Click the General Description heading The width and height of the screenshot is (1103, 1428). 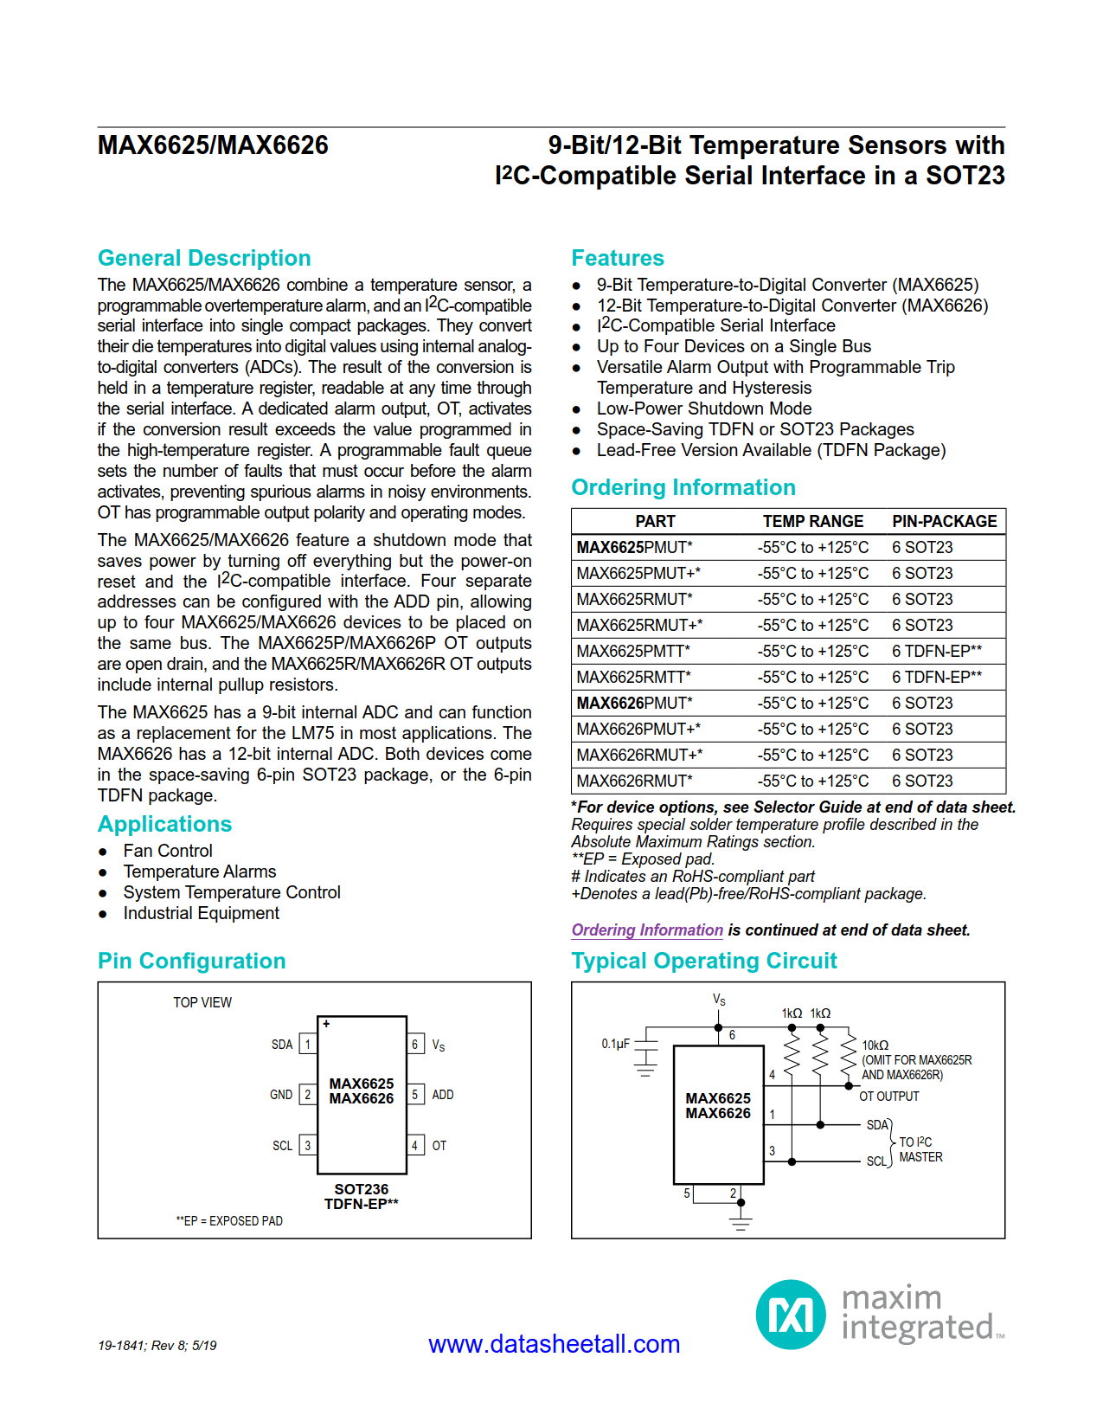[204, 258]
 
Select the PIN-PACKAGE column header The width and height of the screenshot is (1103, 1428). [944, 521]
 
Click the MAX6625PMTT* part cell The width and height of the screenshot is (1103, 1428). [633, 651]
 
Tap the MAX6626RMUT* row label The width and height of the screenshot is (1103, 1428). [634, 781]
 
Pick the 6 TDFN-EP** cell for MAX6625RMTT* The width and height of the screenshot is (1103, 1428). [937, 677]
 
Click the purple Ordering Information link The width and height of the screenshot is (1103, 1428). [647, 929]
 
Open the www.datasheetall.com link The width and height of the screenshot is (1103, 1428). [554, 1343]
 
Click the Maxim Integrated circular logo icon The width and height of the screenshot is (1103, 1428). [791, 1315]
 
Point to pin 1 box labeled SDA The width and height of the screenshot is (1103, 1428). [307, 1045]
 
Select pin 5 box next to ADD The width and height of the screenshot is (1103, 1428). [415, 1095]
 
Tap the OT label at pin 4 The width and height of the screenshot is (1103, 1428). [439, 1146]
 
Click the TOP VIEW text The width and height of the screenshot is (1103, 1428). [202, 1002]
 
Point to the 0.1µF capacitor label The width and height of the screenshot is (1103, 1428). [615, 1044]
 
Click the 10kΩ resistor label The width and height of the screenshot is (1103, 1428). [875, 1045]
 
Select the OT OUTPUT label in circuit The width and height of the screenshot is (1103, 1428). [888, 1097]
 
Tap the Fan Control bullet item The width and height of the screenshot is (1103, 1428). [167, 851]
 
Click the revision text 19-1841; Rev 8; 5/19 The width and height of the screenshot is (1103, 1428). [157, 1345]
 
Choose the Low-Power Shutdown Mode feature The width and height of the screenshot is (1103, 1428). [703, 408]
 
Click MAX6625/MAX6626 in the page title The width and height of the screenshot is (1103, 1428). [213, 145]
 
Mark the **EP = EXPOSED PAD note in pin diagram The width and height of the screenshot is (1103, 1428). [229, 1221]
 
